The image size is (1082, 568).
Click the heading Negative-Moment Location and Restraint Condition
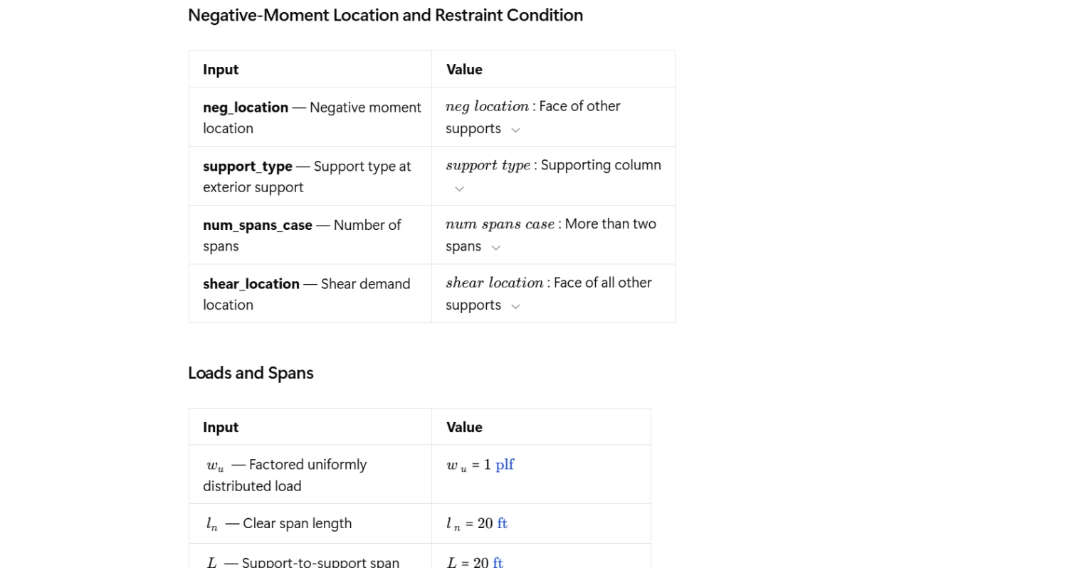click(x=385, y=16)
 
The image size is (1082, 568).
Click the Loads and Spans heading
click(x=251, y=373)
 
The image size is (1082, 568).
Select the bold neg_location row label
click(x=246, y=107)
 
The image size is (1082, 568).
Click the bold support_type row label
click(x=247, y=167)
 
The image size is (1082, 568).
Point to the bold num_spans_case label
click(x=257, y=226)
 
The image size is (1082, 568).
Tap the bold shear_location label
click(x=251, y=284)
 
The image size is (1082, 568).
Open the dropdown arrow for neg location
click(x=516, y=130)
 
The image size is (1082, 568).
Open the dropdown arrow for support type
click(x=459, y=189)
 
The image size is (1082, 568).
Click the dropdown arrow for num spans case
click(x=496, y=248)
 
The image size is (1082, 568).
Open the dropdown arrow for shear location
click(x=516, y=307)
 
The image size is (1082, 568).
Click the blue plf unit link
click(x=505, y=465)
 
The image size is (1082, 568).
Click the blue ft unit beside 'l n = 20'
click(x=502, y=524)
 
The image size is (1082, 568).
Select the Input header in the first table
click(x=221, y=70)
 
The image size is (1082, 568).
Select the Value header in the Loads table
click(x=464, y=427)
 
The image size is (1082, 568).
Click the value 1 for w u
click(x=488, y=465)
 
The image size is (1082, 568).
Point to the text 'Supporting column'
click(x=601, y=165)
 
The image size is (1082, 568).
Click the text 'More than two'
click(x=610, y=224)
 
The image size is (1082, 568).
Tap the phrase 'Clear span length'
click(x=297, y=524)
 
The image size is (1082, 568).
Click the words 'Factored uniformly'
click(x=308, y=465)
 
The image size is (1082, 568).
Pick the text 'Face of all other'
click(x=602, y=283)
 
